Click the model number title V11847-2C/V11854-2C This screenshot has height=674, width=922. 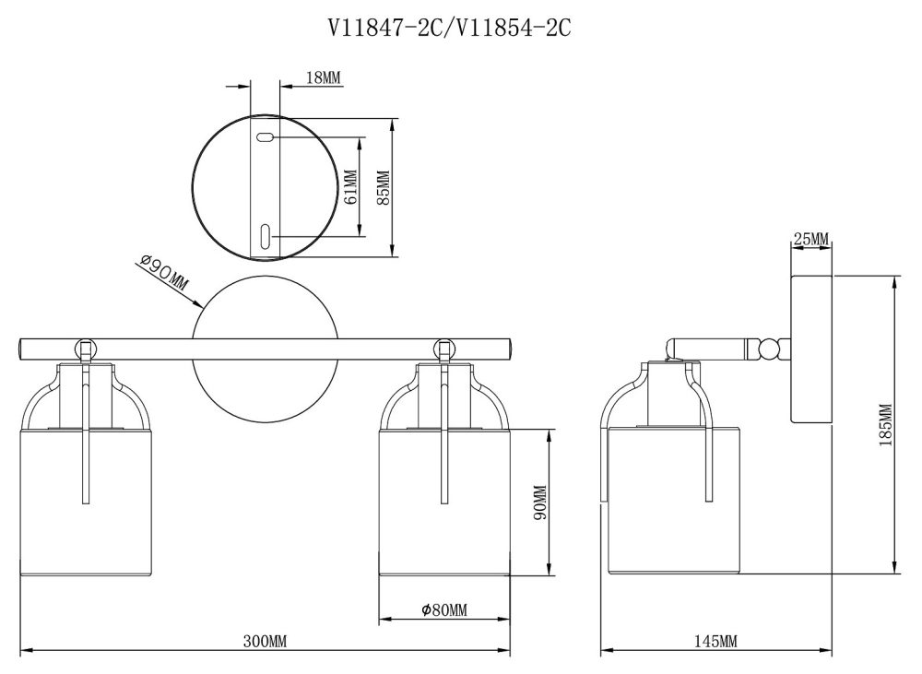[x=449, y=28]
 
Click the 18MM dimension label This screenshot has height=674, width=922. [x=324, y=77]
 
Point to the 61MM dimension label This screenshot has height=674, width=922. [x=350, y=187]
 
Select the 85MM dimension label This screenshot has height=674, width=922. [x=383, y=187]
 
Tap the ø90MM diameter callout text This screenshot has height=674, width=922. [x=165, y=273]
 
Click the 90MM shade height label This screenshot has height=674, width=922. [x=540, y=503]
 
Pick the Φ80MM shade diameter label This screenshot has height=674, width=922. [x=444, y=610]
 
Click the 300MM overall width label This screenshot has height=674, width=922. [x=266, y=641]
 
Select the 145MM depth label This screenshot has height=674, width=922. [x=715, y=641]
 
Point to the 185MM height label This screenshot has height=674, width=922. [x=885, y=425]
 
